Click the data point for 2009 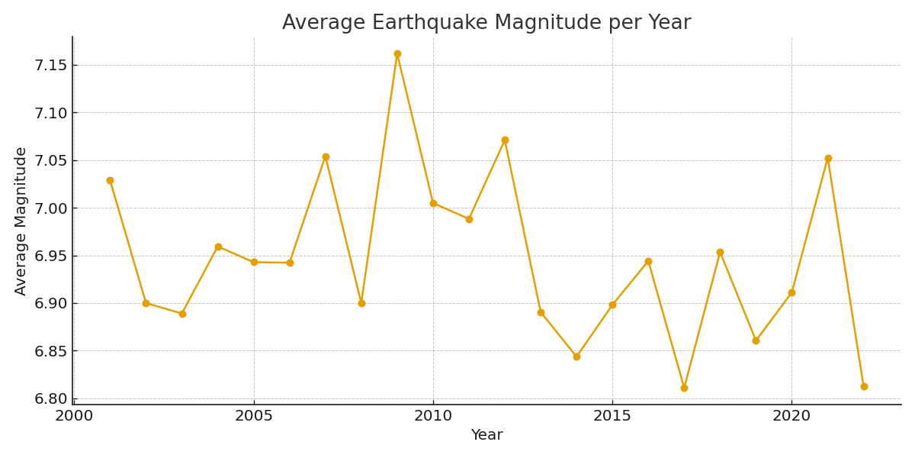click(397, 54)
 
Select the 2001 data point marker click(110, 181)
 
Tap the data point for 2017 click(684, 388)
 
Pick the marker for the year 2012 click(505, 140)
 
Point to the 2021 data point click(828, 159)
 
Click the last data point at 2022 click(864, 386)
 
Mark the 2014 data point click(576, 356)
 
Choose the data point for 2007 click(326, 157)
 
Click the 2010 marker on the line click(433, 203)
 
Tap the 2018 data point click(720, 253)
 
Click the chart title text click(486, 23)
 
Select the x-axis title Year click(486, 435)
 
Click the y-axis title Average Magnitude click(21, 221)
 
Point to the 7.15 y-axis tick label click(50, 66)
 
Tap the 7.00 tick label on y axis click(50, 208)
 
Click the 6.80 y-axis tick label click(50, 398)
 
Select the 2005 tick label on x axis click(254, 416)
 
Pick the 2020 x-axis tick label click(791, 416)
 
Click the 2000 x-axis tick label click(74, 416)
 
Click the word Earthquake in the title click(428, 23)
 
